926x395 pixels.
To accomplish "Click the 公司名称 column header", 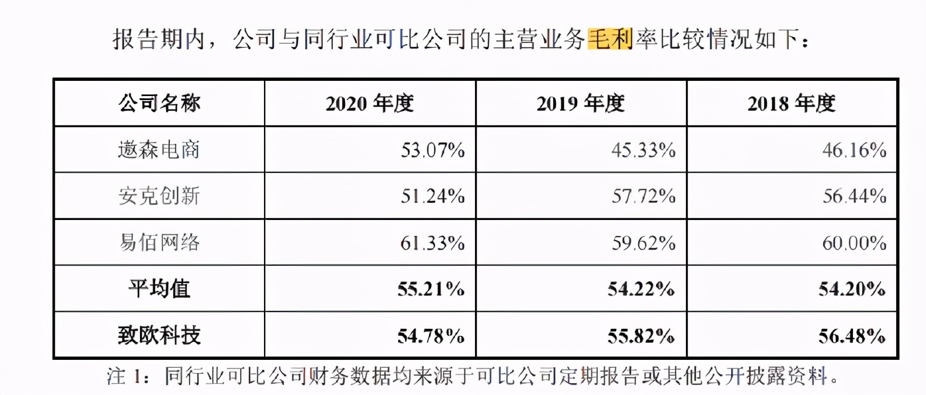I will coord(159,103).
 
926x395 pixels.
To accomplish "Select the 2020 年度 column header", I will coord(369,103).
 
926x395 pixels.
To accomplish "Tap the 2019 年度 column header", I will coord(581,103).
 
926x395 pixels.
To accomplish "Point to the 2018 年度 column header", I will coord(792,103).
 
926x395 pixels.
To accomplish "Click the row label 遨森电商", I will coord(159,150).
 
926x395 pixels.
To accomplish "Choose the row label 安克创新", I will coord(159,196).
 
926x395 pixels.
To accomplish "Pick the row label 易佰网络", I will coord(159,243).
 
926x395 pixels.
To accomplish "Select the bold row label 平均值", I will coord(159,289).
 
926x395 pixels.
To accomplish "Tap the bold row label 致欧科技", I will coord(159,335).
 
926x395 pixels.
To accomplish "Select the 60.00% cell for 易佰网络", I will coord(854,243).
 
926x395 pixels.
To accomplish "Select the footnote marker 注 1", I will coord(125,377).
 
